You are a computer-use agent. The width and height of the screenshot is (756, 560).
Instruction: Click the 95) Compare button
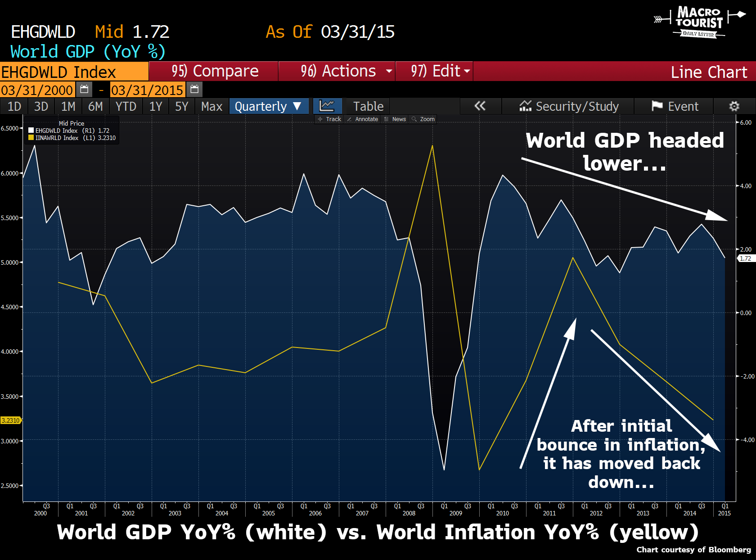(214, 71)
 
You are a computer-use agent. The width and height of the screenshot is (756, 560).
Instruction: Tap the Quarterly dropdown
(269, 106)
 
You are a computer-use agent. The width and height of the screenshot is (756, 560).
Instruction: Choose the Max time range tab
(211, 106)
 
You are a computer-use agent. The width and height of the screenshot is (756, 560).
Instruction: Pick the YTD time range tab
(126, 106)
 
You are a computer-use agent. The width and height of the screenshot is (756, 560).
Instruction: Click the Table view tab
(368, 106)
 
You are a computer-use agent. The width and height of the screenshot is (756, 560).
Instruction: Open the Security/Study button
(569, 106)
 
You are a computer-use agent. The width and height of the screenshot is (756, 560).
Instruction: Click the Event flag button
(675, 106)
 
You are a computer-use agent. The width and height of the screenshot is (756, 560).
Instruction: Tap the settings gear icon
(734, 106)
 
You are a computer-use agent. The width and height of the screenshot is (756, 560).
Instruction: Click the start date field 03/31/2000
(37, 90)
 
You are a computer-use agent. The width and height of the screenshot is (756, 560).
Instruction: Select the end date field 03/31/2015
(147, 90)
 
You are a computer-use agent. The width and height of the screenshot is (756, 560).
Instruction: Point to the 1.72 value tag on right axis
(746, 258)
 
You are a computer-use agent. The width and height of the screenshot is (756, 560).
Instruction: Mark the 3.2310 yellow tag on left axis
(10, 420)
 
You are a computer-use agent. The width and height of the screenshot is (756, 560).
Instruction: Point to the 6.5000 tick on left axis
(10, 128)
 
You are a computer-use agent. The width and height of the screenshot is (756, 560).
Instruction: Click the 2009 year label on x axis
(455, 513)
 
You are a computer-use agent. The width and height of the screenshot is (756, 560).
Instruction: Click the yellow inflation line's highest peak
(432, 146)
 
